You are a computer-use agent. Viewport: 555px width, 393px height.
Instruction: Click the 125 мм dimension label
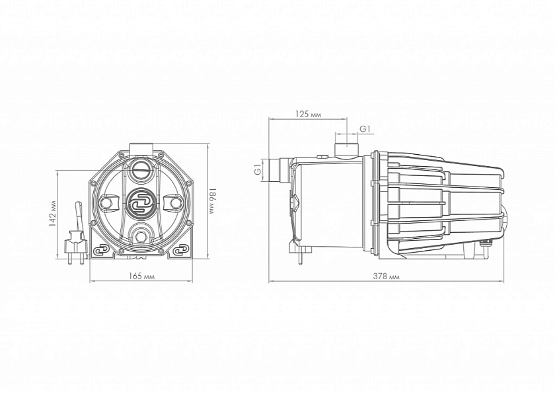[x=308, y=114]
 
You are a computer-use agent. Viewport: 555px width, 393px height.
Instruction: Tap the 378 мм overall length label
[x=386, y=277]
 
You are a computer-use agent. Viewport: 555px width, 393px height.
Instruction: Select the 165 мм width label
[x=141, y=276]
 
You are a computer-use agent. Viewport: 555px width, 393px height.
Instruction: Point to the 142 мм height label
[x=52, y=214]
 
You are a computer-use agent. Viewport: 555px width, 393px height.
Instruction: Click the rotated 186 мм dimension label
[x=211, y=201]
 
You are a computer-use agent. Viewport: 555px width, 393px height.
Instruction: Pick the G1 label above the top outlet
[x=365, y=130]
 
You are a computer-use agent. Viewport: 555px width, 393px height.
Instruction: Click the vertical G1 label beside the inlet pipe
[x=258, y=171]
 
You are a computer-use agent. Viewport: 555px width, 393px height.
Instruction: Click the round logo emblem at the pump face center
[x=140, y=202]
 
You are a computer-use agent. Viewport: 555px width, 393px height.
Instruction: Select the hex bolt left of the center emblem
[x=106, y=202]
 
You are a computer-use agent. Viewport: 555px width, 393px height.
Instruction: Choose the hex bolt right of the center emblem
[x=175, y=202]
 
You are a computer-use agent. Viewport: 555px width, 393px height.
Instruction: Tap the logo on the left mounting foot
[x=100, y=251]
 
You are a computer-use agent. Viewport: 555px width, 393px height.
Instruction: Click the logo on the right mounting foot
[x=181, y=251]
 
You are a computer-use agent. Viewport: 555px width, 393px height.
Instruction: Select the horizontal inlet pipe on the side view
[x=279, y=171]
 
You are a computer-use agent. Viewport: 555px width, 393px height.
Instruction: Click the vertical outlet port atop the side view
[x=348, y=149]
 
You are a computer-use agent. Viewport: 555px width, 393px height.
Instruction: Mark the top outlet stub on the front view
[x=141, y=148]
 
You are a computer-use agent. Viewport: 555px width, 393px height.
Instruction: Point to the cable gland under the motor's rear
[x=485, y=245]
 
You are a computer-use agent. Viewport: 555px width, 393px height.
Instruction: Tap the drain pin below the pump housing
[x=300, y=256]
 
